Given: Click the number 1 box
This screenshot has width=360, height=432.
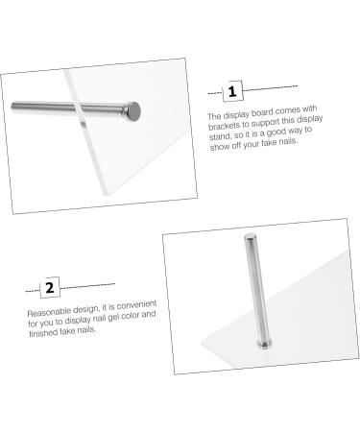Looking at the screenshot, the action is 232,91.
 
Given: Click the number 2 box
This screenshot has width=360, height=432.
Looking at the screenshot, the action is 50,287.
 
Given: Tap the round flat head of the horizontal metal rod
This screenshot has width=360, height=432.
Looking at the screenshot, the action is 134,111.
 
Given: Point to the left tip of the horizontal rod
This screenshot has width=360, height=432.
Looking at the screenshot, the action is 12,107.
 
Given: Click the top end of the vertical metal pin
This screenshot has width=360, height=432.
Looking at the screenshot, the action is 250,237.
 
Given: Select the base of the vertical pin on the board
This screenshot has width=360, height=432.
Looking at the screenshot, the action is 264,345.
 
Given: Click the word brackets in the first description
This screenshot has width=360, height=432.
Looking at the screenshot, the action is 224,126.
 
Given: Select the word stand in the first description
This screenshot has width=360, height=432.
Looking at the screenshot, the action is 220,136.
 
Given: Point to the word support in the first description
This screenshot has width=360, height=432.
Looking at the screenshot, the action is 264,122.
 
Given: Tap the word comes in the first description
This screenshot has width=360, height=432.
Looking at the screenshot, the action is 289,110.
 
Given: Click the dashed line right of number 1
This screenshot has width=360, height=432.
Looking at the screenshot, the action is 270,88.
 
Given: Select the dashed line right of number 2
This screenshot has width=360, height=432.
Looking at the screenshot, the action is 87,286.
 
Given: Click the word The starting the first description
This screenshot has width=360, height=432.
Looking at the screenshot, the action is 214,116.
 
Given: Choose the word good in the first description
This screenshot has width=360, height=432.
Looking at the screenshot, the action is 276,132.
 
